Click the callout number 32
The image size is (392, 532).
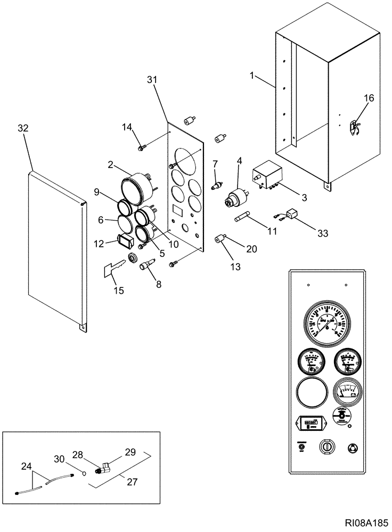[23, 129]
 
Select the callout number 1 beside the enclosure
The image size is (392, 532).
[251, 76]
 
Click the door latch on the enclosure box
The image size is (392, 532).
[353, 128]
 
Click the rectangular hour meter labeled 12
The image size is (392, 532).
[124, 242]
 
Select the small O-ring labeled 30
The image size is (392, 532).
[84, 470]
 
